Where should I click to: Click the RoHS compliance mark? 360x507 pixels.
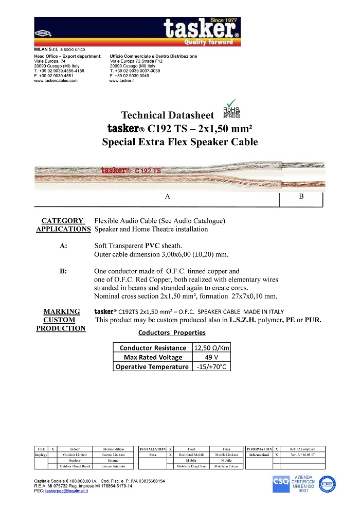point(231,109)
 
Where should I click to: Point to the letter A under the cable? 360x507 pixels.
point(168,197)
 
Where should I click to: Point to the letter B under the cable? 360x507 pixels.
point(301,197)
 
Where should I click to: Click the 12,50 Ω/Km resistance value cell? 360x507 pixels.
point(211,347)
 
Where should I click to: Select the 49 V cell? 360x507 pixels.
point(211,357)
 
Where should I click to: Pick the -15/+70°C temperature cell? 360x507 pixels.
point(211,367)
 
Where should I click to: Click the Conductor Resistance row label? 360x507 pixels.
point(153,347)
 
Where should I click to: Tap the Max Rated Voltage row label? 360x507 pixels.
point(153,357)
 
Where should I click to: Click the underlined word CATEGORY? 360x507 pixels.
point(62,221)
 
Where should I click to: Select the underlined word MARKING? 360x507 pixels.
point(61,311)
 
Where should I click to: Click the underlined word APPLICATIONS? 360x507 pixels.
point(63,229)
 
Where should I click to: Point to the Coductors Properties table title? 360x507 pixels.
point(172,333)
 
